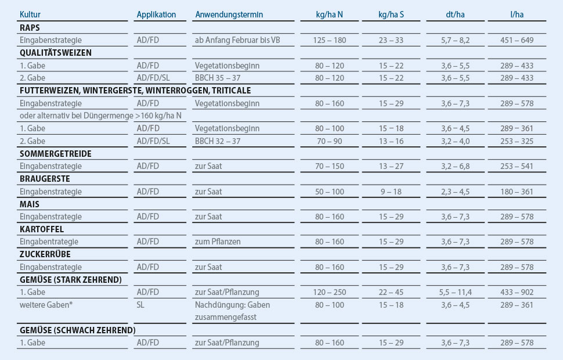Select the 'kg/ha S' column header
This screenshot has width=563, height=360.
point(391,15)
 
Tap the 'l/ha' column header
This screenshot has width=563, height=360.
point(517,15)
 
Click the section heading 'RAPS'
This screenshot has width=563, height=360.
point(30,27)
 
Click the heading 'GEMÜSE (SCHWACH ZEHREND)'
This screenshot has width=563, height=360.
point(77,330)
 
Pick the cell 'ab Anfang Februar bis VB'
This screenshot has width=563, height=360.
point(238,40)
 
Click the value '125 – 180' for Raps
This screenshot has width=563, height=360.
point(329,40)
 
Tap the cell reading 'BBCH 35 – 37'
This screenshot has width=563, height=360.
point(218,78)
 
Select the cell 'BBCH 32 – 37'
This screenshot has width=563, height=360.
point(218,141)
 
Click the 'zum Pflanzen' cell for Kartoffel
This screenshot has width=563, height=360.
point(218,242)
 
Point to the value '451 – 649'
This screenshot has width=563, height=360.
point(517,40)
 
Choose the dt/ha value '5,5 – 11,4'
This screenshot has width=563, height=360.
point(456,292)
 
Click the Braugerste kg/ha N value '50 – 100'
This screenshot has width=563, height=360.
point(329,192)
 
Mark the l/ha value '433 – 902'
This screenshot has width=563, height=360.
point(517,292)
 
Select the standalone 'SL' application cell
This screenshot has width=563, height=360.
point(141,305)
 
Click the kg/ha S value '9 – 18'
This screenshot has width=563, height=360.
point(391,192)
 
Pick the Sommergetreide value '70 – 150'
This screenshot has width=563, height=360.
point(329,166)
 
